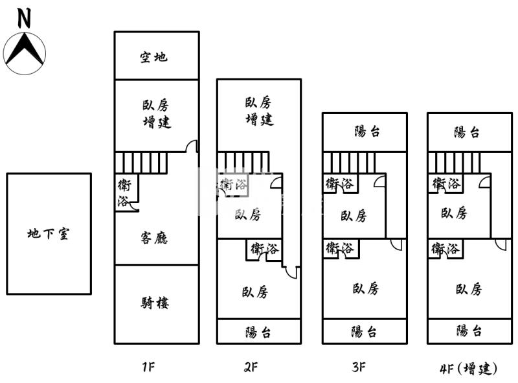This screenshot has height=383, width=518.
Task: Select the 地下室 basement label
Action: (49, 234)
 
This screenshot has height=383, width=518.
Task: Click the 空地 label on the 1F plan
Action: (153, 57)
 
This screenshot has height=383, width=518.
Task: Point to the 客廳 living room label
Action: (154, 238)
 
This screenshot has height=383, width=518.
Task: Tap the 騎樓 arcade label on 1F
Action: (155, 303)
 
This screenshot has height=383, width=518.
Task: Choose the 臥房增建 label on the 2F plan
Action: (259, 111)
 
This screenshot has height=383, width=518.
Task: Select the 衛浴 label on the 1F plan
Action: (123, 193)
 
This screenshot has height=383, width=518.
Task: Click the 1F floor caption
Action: (148, 367)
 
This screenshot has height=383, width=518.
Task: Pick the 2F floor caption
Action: (251, 367)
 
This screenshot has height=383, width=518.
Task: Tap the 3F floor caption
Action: (359, 367)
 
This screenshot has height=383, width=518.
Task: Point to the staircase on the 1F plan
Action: (141, 162)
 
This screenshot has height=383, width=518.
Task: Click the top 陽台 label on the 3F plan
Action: (367, 132)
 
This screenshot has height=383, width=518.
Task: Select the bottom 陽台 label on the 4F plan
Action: (469, 331)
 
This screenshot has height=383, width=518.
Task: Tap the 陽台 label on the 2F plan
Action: (258, 332)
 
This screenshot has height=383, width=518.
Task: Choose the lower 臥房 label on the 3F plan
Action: (366, 288)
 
